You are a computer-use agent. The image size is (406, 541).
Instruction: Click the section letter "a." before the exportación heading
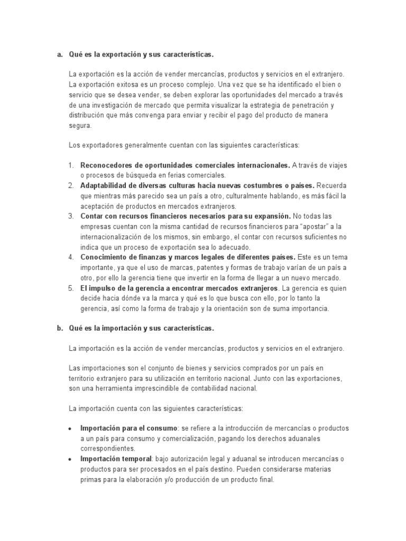click(60, 54)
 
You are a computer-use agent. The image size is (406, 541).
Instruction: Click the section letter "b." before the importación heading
click(60, 328)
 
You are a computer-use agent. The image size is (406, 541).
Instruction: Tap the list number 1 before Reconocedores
click(71, 165)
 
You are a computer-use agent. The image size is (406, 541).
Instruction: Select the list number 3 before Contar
click(71, 216)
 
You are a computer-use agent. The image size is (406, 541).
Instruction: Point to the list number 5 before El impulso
click(71, 288)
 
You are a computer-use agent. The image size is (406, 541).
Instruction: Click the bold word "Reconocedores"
click(105, 165)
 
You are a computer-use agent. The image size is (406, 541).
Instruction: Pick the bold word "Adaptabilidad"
click(103, 185)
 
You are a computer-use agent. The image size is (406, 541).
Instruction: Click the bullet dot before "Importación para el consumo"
click(70, 428)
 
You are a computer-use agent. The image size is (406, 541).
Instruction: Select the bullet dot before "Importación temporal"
click(70, 459)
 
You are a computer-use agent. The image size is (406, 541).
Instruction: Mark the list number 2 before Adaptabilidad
click(71, 185)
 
